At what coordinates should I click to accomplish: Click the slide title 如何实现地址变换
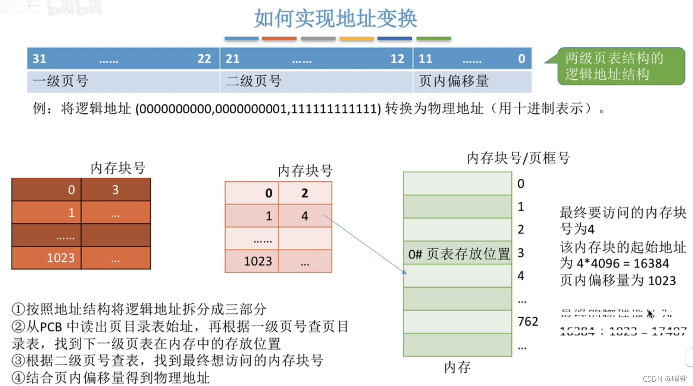pos(335,19)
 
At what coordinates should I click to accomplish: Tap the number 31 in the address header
pos(39,59)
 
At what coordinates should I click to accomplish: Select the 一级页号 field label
pos(60,81)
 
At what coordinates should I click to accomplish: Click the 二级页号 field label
pos(253,81)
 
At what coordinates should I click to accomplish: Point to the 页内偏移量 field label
pos(453,81)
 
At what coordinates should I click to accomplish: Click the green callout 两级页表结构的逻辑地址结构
pos(620,66)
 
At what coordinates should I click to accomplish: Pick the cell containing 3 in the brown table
pos(115,190)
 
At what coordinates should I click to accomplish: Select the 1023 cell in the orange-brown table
pos(60,258)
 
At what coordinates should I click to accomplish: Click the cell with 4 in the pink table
pos(304,216)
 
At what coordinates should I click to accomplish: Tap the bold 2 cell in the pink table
pos(304,193)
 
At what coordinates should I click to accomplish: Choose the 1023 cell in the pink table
pos(257,261)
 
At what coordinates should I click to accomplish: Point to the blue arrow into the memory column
pos(365,244)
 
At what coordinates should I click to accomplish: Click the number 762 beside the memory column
pos(528,321)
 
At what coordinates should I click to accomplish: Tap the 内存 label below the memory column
pos(457,367)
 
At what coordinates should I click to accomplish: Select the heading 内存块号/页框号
pos(518,158)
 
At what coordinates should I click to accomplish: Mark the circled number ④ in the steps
pos(18,378)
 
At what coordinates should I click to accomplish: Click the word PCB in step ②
pos(51,327)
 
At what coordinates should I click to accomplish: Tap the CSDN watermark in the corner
pos(664,379)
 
